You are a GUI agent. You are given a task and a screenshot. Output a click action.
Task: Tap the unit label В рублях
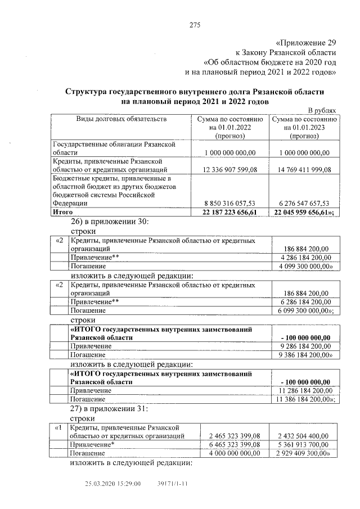(x=322, y=111)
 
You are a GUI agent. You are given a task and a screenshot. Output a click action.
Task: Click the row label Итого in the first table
(x=63, y=212)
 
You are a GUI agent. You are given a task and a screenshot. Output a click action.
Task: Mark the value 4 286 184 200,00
(x=304, y=257)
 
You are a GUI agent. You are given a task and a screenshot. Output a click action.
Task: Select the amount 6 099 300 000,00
(x=305, y=310)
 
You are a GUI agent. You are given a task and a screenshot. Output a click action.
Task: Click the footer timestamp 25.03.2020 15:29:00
(x=112, y=483)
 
